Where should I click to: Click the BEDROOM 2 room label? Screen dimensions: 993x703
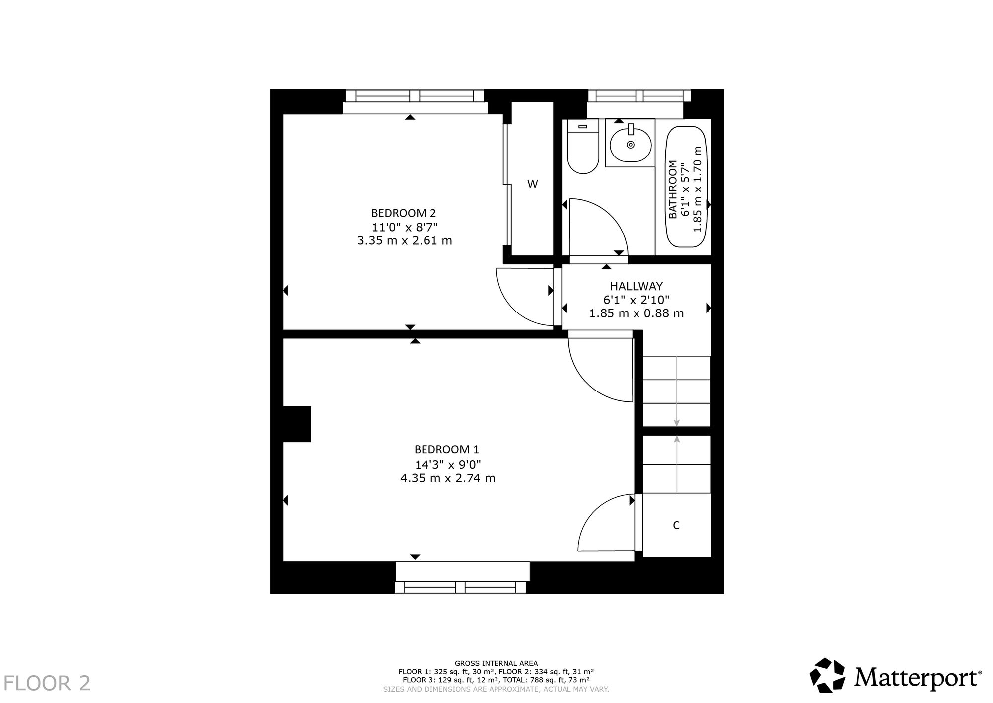pyautogui.click(x=404, y=213)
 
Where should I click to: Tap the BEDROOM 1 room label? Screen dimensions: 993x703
pyautogui.click(x=447, y=450)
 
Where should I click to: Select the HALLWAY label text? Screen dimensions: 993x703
pyautogui.click(x=636, y=286)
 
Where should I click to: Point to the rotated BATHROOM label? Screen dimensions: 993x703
pyautogui.click(x=673, y=189)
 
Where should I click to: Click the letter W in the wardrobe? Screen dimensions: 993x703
pyautogui.click(x=532, y=184)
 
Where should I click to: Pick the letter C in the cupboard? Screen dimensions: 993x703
pyautogui.click(x=676, y=525)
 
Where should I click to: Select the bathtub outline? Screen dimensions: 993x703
pyautogui.click(x=688, y=187)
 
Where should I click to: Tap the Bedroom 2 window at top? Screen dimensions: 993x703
pyautogui.click(x=415, y=102)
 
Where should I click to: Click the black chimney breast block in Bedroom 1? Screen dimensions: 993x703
pyautogui.click(x=297, y=424)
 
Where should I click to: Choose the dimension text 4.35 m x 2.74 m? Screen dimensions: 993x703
pyautogui.click(x=448, y=479)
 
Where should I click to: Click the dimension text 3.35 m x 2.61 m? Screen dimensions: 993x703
pyautogui.click(x=405, y=241)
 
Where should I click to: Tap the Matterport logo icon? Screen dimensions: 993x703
pyautogui.click(x=828, y=675)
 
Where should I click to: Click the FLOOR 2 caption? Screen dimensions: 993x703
pyautogui.click(x=48, y=683)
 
